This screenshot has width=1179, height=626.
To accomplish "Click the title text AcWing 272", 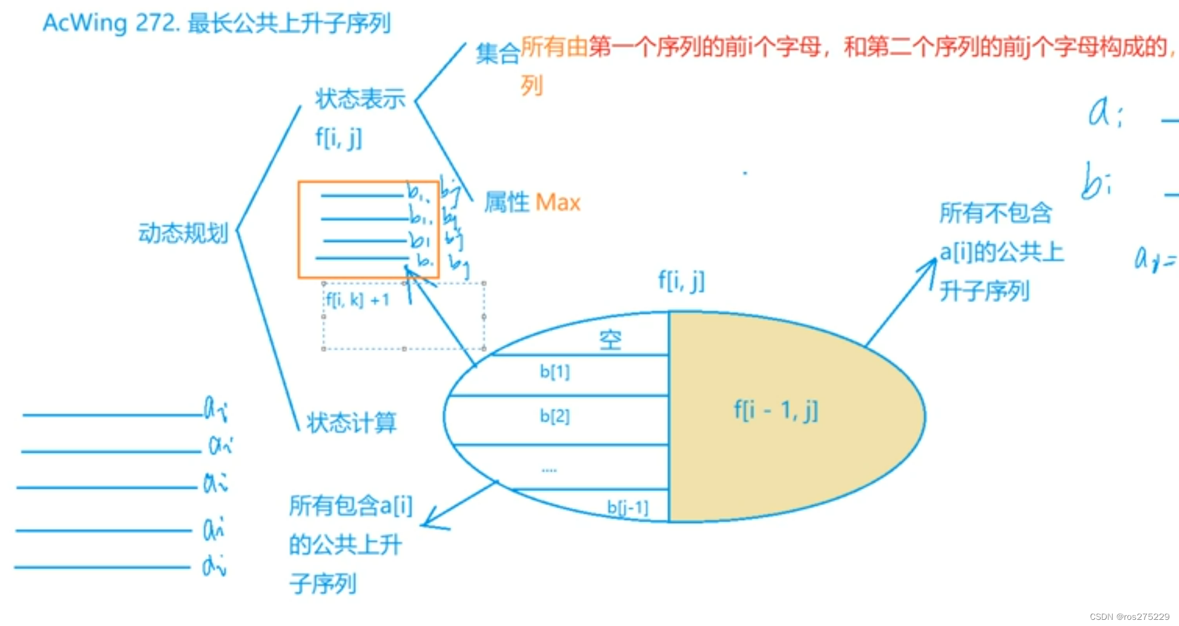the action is tap(110, 23).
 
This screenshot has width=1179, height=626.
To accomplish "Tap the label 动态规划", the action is tap(183, 233).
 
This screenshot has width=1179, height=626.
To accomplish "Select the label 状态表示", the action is tap(360, 99).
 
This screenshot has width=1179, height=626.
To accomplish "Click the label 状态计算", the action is tap(352, 422).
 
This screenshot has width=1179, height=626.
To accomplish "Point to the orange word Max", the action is tap(557, 203).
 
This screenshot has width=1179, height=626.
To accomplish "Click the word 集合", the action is tap(497, 54).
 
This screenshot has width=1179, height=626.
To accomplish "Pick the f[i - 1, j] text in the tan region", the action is tap(776, 410).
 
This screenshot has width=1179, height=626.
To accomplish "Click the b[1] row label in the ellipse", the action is tap(555, 371).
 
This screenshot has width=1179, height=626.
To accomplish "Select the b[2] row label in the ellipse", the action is tap(555, 416).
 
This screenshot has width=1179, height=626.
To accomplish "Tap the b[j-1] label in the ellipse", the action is tap(627, 508).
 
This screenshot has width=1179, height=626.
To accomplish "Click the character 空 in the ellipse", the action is tap(611, 339).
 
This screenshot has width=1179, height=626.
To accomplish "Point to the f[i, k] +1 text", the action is tap(358, 300).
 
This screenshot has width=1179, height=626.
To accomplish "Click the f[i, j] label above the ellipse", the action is tap(681, 281).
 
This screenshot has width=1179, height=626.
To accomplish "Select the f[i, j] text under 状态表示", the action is tap(339, 138).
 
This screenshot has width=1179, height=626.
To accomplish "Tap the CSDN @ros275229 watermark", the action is tap(1129, 616).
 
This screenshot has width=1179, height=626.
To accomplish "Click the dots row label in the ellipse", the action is tap(549, 470).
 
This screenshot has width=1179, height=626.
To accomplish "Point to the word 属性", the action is tap(506, 203).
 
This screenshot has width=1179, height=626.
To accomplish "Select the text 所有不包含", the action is tap(995, 213).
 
